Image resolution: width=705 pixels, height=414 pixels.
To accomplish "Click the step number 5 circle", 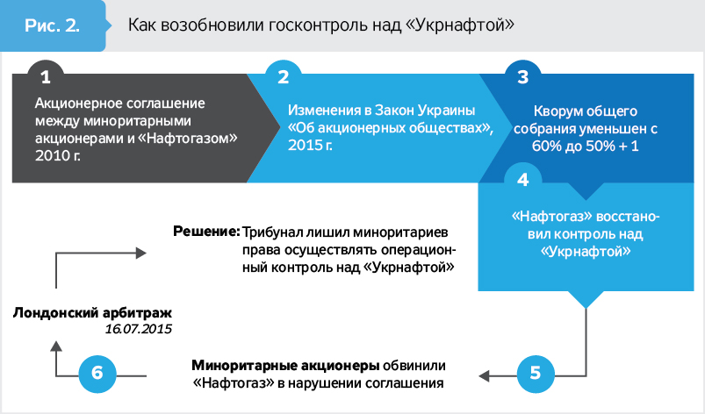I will (536, 372).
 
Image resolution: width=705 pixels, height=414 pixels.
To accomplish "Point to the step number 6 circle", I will (97, 372).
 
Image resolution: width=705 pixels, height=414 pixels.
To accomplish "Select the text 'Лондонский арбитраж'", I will (93, 312).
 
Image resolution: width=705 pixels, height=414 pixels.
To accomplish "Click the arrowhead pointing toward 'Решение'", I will (141, 253).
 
